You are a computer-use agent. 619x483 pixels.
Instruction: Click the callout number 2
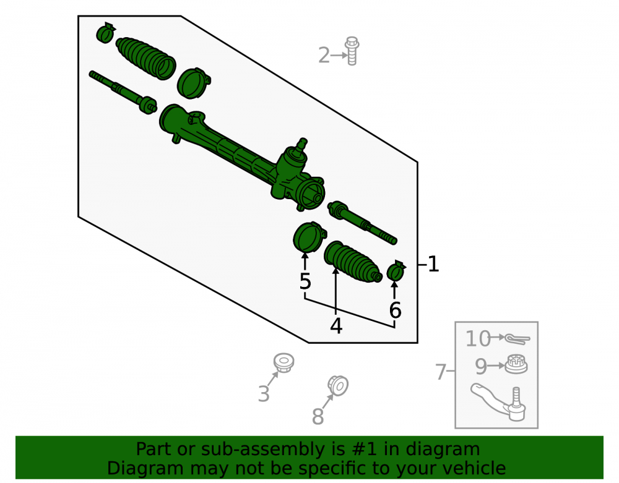(x=324, y=55)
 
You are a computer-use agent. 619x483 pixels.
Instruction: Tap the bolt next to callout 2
(x=352, y=51)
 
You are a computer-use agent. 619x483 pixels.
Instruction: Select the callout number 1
(x=433, y=264)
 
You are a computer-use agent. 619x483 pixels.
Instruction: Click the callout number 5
(x=305, y=281)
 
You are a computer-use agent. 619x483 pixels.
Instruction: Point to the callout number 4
(x=336, y=326)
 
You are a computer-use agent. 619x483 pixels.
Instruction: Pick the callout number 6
(x=395, y=310)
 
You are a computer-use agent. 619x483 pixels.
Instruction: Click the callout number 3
(x=264, y=393)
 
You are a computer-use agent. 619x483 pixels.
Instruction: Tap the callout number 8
(x=318, y=416)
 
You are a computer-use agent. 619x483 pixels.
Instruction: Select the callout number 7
(x=440, y=372)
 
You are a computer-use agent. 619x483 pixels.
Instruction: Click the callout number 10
(x=478, y=338)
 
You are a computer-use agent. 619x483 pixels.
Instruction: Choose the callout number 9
(x=481, y=366)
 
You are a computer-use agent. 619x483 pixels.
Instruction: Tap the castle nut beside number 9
(x=516, y=364)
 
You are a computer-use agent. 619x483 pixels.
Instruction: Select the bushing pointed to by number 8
(x=338, y=386)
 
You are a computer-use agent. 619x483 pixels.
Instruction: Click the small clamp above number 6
(x=396, y=271)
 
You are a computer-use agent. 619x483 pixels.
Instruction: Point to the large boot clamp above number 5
(x=309, y=237)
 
